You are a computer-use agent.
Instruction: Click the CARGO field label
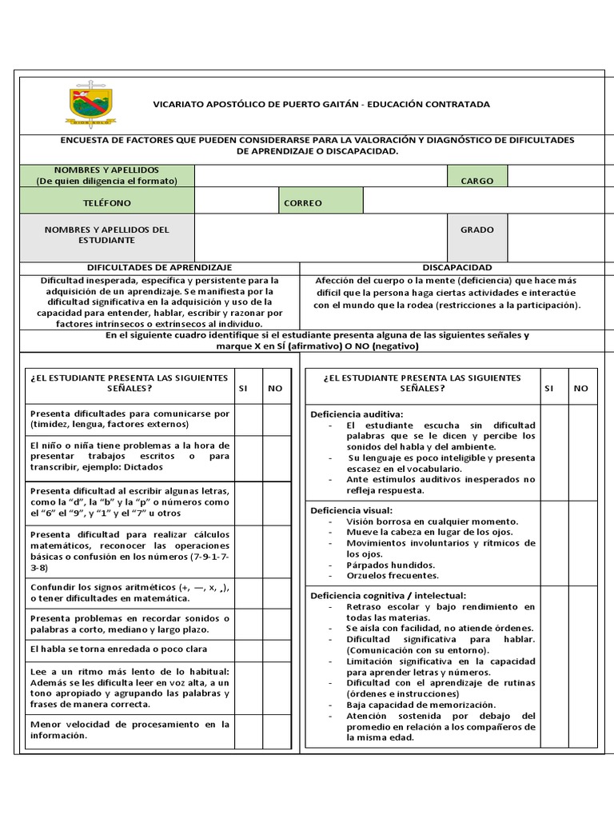point(476,181)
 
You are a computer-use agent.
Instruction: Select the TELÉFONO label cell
point(106,203)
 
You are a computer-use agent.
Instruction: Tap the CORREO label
point(303,203)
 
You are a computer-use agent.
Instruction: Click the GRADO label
point(476,230)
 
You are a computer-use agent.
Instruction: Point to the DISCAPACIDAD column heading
point(457,267)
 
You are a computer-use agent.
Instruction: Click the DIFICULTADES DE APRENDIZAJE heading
point(159,267)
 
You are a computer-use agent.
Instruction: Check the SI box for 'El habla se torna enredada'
point(249,649)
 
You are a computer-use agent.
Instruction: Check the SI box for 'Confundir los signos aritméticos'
point(249,593)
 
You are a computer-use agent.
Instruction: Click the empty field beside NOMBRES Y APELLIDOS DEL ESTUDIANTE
point(321,238)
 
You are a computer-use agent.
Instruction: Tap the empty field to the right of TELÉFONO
point(236,203)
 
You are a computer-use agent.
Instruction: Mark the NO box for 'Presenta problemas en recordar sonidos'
point(275,624)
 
